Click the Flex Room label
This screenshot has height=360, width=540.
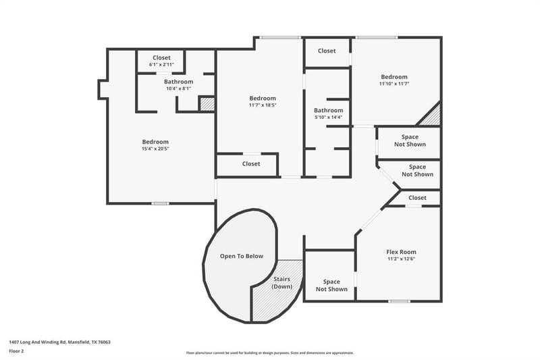coord(401,252)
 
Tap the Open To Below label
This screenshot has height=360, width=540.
coord(242,256)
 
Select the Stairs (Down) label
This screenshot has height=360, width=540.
coord(281,283)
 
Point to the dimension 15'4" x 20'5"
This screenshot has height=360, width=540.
coord(155,149)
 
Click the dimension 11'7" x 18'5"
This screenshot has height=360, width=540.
coord(263,105)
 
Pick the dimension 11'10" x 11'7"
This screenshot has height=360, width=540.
coord(394,84)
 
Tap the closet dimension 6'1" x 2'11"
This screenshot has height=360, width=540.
coord(161,64)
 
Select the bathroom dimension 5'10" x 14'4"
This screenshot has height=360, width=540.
coord(329,117)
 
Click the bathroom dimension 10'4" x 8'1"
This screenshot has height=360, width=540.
coord(178,88)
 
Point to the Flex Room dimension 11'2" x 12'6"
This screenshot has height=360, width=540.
coord(401,259)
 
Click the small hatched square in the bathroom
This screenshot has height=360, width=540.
coord(207,105)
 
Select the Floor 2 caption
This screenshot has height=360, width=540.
coord(16,351)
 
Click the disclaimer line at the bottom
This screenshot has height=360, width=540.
coord(269,353)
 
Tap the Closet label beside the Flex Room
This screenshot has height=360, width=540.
coord(417,198)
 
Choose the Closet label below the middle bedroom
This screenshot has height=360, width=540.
coord(251,164)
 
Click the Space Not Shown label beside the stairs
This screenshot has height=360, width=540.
coord(331,286)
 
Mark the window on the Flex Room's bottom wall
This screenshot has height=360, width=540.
coord(399,301)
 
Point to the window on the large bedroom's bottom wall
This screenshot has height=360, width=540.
coord(161,203)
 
